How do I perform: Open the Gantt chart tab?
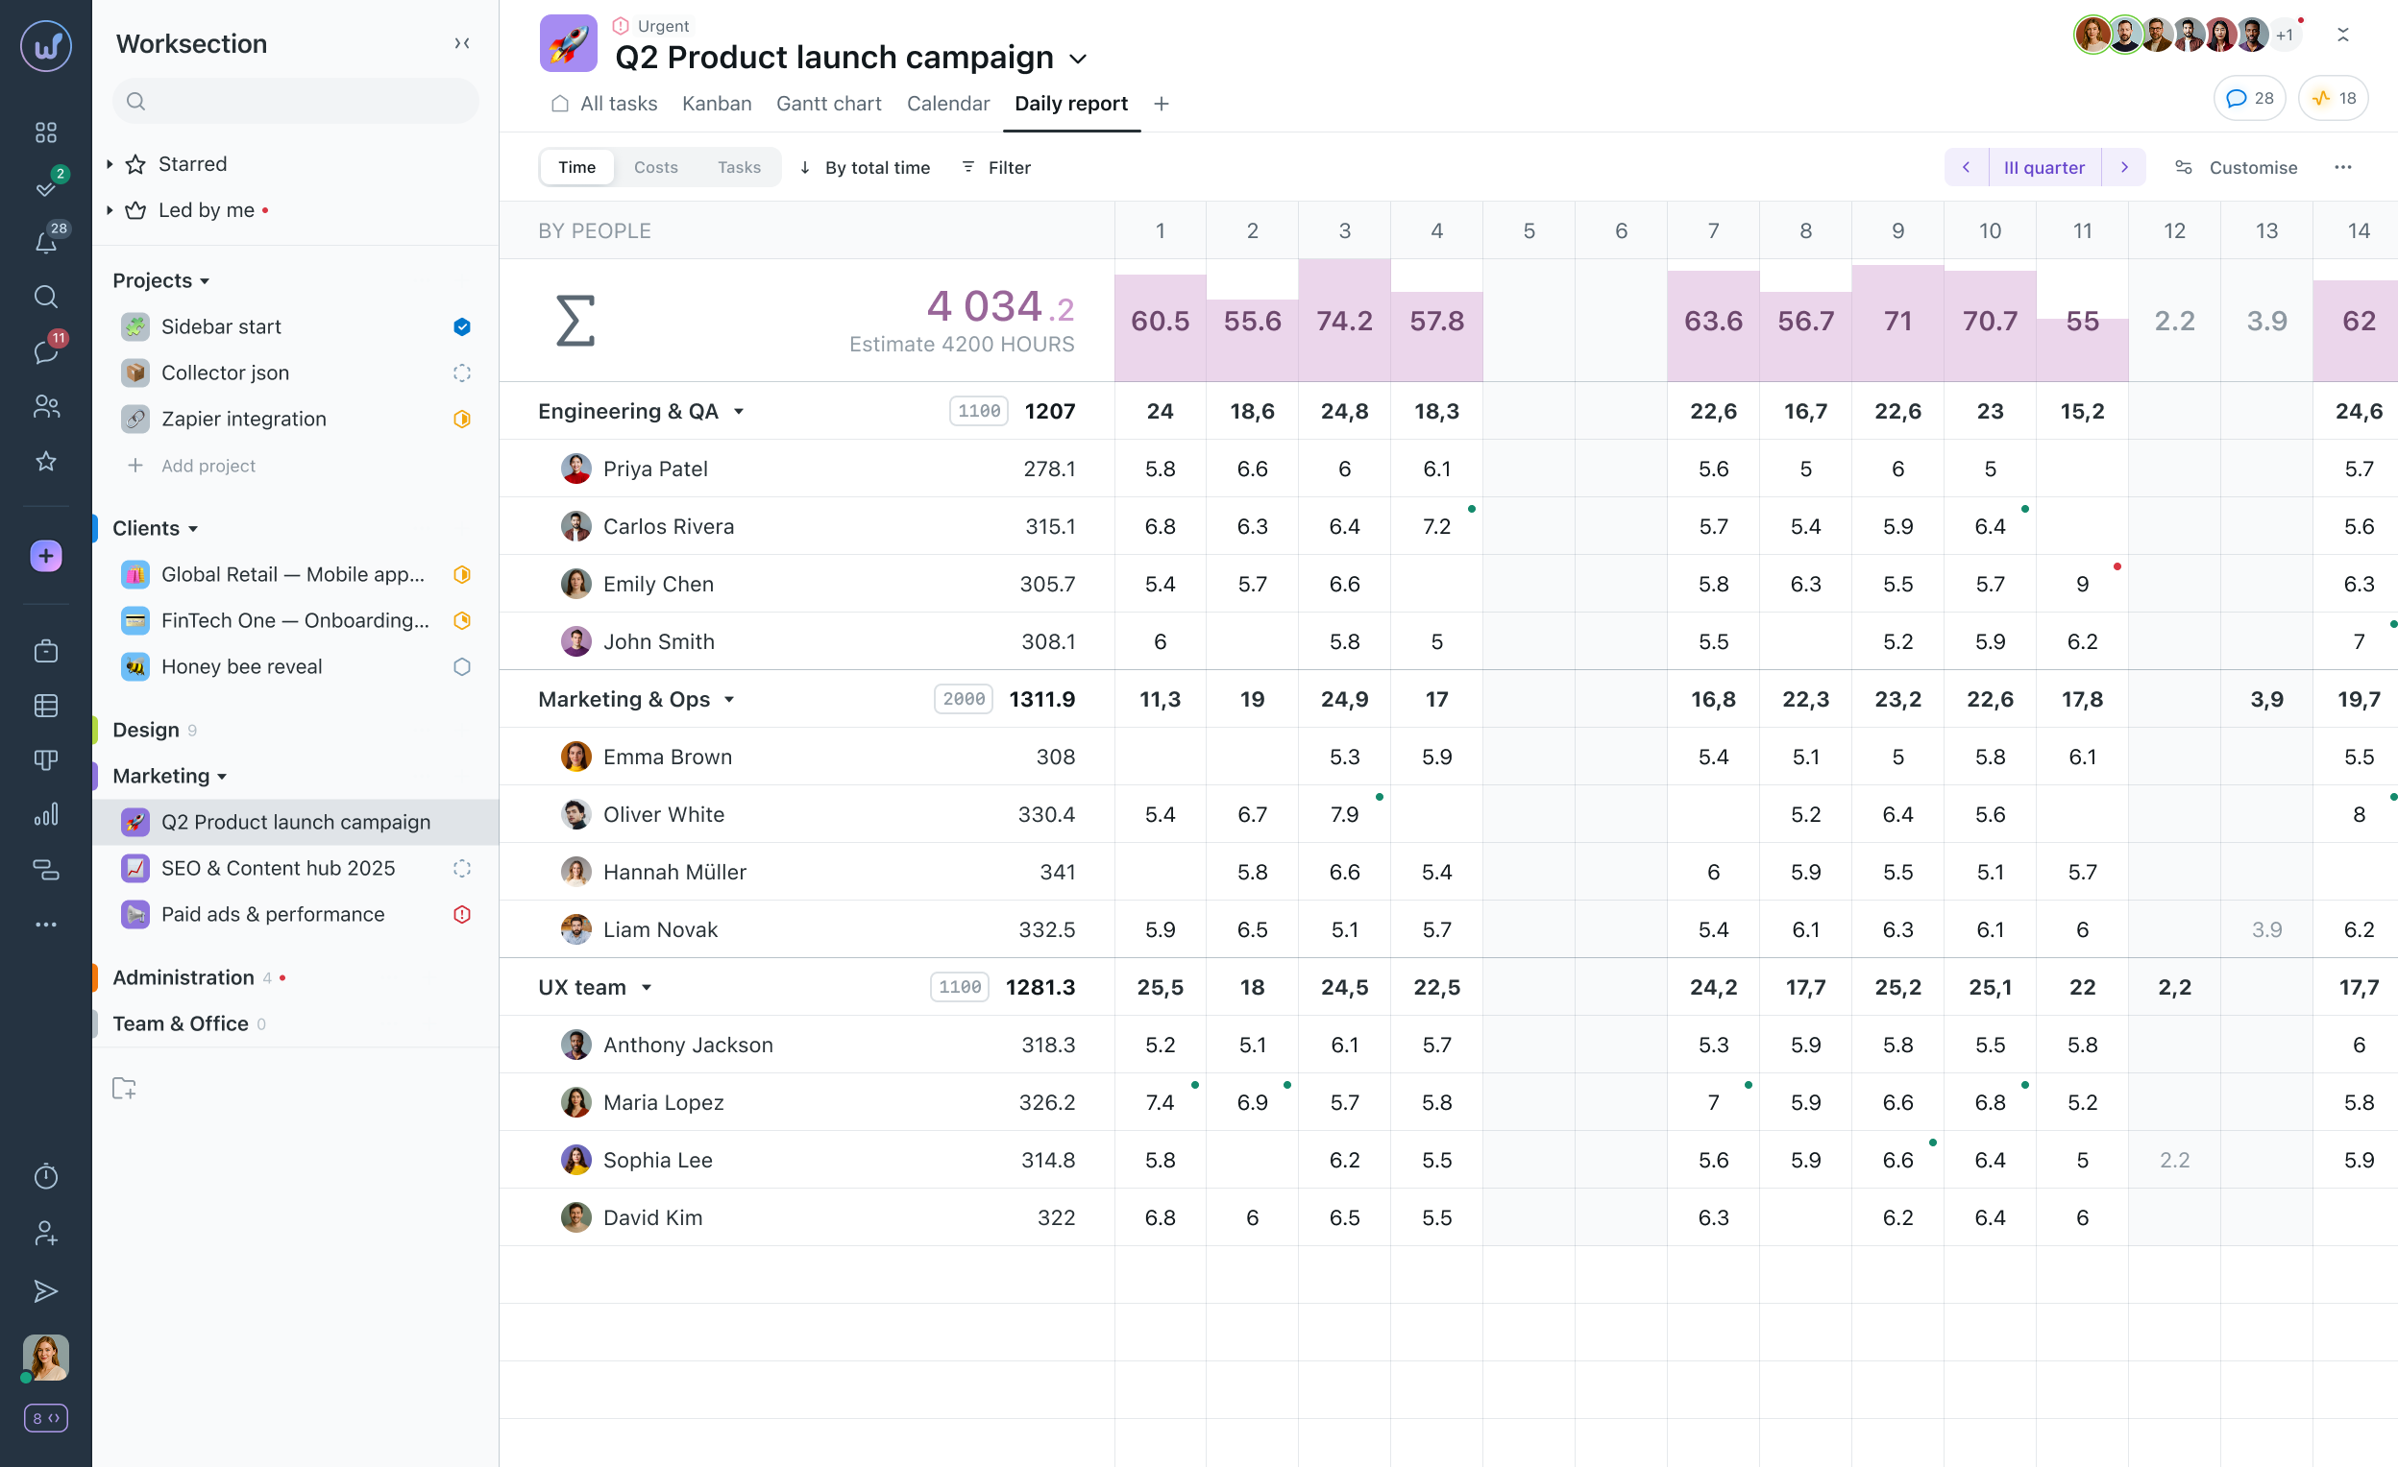pos(828,103)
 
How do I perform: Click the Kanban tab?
pos(717,103)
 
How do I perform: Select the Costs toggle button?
pos(655,167)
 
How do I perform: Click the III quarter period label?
pos(2043,167)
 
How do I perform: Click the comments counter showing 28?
pos(2249,98)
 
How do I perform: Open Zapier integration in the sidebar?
pos(243,419)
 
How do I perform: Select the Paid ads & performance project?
pos(273,914)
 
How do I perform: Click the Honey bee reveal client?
pos(241,666)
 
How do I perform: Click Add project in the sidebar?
pos(208,466)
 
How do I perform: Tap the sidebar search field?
pos(296,101)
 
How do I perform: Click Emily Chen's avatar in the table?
pos(575,584)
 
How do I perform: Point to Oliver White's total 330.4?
pos(1046,814)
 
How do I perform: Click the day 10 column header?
pos(1990,230)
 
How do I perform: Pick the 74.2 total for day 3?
pos(1344,321)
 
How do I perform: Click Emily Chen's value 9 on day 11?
pos(2082,584)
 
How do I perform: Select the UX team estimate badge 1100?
pos(959,987)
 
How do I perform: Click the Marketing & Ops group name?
pos(624,700)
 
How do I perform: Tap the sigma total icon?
pos(575,321)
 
